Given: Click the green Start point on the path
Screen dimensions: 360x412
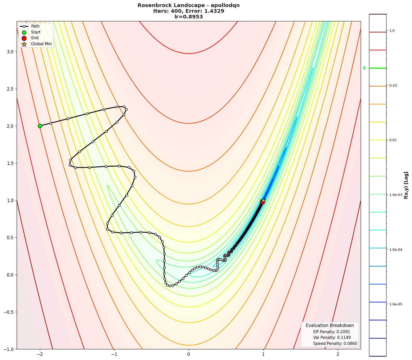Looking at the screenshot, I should click(x=40, y=126).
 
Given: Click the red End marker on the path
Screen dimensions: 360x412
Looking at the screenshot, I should click(x=262, y=202).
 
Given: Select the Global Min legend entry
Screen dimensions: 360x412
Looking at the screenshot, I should click(x=41, y=44).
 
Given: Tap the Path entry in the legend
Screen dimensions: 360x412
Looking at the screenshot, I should click(x=35, y=26).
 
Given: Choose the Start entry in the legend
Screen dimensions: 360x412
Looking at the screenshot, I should click(x=36, y=32).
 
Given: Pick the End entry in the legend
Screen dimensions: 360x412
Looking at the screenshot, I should click(x=35, y=38).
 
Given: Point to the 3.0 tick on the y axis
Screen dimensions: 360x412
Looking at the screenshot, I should click(x=10, y=52).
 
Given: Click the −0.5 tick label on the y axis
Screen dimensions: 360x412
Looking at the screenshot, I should click(x=9, y=312).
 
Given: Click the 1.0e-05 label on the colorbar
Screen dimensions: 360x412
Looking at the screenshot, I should click(x=396, y=304).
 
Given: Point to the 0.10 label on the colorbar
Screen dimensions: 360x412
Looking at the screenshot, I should click(x=393, y=85).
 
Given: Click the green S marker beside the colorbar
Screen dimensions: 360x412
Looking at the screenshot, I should click(x=364, y=68).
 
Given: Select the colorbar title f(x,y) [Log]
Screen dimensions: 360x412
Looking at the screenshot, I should click(x=406, y=185).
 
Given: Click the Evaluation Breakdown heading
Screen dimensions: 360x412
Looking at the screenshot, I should click(x=330, y=325).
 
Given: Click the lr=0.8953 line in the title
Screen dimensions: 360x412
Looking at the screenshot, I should click(x=189, y=17).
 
